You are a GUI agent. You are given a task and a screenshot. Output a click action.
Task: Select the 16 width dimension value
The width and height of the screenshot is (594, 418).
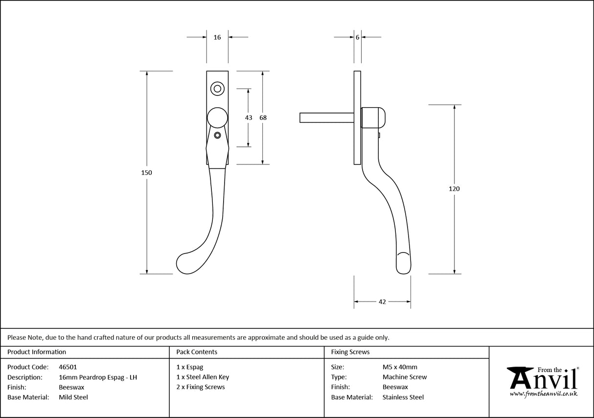point(217,37)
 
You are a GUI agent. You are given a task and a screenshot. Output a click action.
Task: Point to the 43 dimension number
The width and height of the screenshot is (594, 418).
point(249,117)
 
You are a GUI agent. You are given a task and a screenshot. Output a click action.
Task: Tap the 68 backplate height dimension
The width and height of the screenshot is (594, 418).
point(263,117)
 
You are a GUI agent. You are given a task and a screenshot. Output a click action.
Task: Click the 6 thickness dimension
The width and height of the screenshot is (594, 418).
point(358,37)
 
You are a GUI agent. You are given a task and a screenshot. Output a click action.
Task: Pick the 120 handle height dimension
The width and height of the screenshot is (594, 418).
point(455,188)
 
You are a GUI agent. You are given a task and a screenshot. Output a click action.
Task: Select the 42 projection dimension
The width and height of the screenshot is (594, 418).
point(382,302)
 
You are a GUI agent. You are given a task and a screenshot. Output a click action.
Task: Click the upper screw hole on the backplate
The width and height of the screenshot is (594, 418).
point(217,89)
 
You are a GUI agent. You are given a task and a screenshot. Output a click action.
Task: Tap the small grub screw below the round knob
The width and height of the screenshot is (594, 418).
point(218,135)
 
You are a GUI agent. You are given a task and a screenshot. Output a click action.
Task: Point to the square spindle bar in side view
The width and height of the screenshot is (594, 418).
point(326,117)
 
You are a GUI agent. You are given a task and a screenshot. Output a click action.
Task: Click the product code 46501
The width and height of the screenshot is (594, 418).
point(68,367)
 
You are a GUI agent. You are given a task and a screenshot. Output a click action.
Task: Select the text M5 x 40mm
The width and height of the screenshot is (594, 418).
point(400,367)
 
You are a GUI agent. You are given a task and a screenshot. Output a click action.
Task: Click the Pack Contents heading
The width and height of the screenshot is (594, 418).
point(197,352)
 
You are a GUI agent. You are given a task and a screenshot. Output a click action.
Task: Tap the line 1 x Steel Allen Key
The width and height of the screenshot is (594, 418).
point(203,377)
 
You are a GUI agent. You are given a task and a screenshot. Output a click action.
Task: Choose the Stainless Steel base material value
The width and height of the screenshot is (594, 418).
point(403,397)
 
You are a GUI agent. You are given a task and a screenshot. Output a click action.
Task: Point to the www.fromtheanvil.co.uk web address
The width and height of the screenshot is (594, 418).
point(543,394)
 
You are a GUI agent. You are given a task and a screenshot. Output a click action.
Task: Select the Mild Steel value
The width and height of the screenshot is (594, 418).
point(73,397)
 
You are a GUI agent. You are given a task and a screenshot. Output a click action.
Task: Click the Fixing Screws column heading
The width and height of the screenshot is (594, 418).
point(350,352)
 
